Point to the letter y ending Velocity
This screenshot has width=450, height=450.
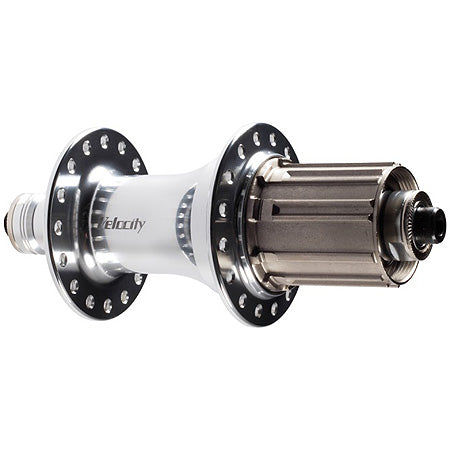tap(141, 226)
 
